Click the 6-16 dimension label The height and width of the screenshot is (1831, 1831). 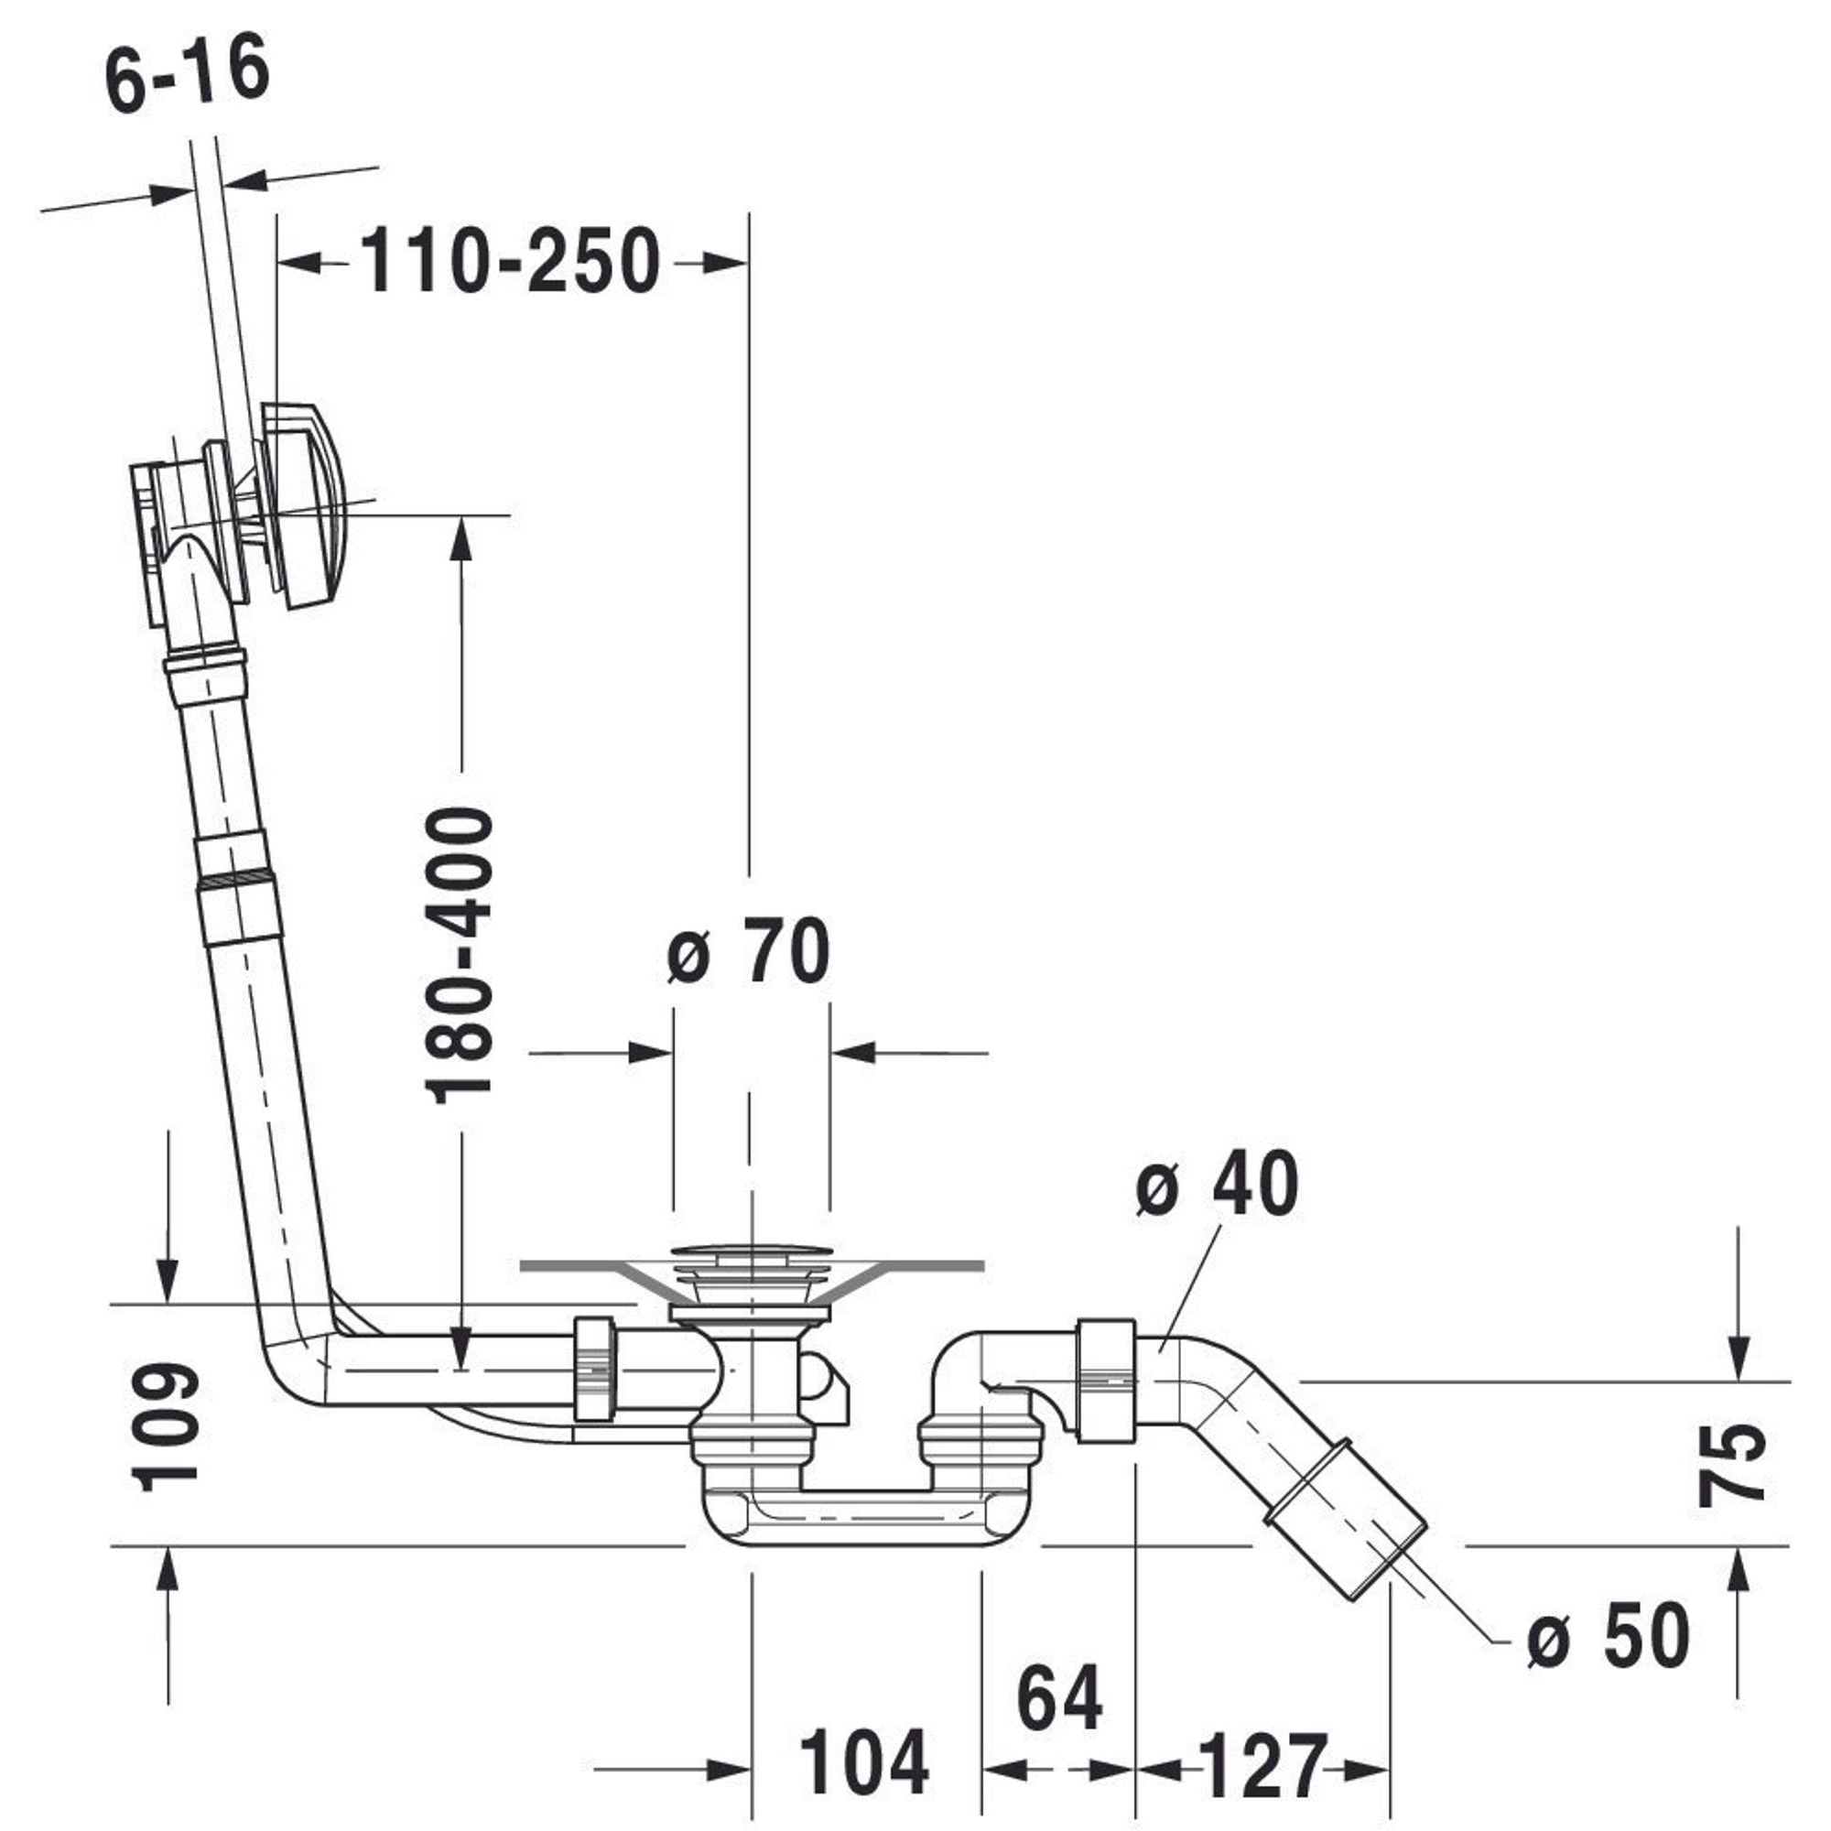pyautogui.click(x=188, y=76)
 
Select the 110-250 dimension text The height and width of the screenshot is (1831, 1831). pyautogui.click(x=510, y=261)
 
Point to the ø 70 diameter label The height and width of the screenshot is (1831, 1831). pyautogui.click(x=749, y=951)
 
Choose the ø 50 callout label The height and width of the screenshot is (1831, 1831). pyautogui.click(x=1609, y=1635)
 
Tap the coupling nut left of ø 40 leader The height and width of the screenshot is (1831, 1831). pyautogui.click(x=1107, y=1381)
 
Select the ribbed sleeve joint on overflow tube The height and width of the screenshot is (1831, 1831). pyautogui.click(x=239, y=884)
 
